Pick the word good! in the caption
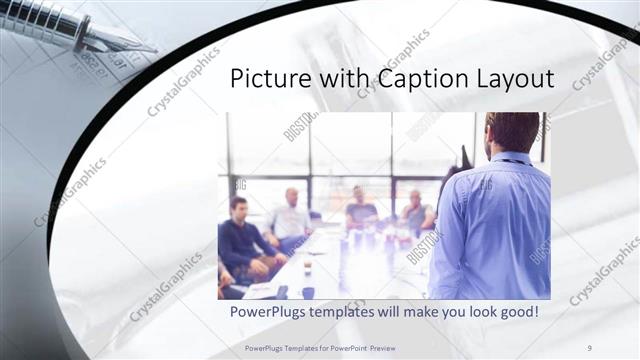point(517,312)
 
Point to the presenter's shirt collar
point(511,157)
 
